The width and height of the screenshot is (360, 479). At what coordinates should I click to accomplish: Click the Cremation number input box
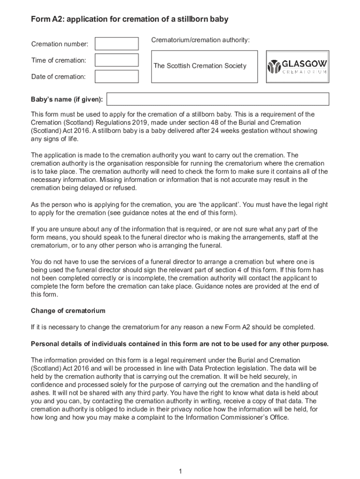coord(116,44)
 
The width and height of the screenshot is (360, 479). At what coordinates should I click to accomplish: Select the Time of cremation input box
coord(116,60)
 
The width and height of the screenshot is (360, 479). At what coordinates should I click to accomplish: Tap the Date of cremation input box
coord(116,76)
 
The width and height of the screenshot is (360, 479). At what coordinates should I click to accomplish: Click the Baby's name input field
coord(218,99)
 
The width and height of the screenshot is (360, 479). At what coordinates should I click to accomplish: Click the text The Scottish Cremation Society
coord(200,66)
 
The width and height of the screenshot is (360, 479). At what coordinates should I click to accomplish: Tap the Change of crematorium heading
coord(68,311)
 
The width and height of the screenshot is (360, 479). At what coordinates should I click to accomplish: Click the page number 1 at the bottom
coord(180,471)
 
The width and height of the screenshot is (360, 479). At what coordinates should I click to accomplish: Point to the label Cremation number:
coord(59,44)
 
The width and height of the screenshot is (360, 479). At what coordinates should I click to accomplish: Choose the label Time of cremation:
coord(58,60)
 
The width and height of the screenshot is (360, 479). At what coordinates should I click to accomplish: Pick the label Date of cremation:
coord(58,77)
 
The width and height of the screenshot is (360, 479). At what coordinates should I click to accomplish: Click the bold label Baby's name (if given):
coord(67,100)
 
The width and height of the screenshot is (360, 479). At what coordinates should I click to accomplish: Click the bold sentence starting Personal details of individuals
coord(180,344)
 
